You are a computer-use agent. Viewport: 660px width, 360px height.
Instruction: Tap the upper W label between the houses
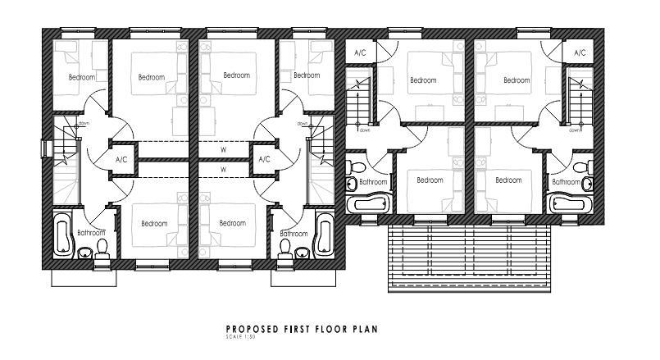coord(223,150)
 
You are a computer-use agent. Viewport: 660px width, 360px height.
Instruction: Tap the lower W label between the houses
coord(223,170)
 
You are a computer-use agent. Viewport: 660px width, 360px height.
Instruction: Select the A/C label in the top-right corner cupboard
coord(580,52)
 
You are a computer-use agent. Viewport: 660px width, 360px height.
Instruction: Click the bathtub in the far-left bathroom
coord(61,235)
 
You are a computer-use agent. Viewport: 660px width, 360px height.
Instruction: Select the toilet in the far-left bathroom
coord(102,248)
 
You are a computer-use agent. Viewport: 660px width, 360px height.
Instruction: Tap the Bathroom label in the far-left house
coord(91,233)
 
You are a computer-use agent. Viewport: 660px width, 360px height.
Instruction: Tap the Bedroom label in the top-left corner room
coord(81,77)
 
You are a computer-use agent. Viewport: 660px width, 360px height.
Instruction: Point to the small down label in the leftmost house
coord(84,123)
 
